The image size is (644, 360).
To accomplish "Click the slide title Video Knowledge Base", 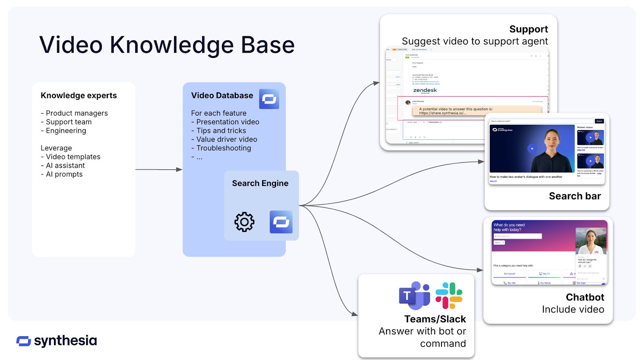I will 167,45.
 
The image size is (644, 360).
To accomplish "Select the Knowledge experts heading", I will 78,95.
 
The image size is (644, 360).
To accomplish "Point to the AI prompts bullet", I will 64,174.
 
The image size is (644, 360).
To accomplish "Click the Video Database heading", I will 222,95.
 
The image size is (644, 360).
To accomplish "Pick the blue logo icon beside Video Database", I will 269,99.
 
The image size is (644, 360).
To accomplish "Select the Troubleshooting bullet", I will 223,148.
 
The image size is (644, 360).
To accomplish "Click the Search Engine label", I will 260,183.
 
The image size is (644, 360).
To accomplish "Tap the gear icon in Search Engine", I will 244,222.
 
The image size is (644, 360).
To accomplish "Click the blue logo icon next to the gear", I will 281,222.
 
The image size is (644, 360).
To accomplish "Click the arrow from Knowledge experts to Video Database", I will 159,170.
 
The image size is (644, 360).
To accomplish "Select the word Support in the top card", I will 528,29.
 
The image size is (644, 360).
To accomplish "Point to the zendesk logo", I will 425,90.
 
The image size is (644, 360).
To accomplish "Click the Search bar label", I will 574,196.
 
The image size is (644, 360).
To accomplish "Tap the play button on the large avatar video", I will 532,149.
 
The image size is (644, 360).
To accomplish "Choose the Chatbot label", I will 585,297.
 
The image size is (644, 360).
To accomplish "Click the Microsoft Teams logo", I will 414,296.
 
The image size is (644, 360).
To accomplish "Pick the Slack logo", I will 449,296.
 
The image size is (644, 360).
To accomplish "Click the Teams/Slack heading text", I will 435,319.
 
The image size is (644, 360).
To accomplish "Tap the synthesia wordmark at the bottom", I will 65,341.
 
